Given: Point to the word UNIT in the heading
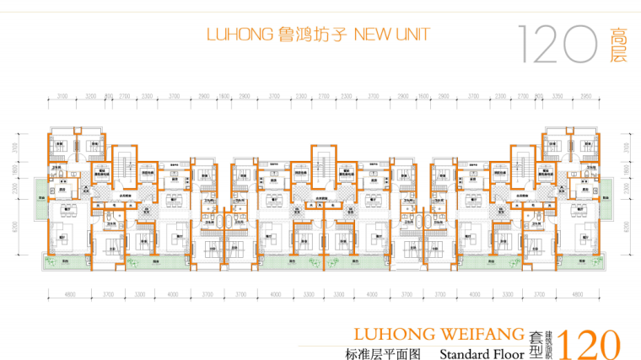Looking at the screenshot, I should pyautogui.click(x=412, y=35).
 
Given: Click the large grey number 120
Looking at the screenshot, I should pyautogui.click(x=558, y=45).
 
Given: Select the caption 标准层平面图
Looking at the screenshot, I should pyautogui.click(x=383, y=353).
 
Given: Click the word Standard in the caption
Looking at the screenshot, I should pyautogui.click(x=465, y=353).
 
